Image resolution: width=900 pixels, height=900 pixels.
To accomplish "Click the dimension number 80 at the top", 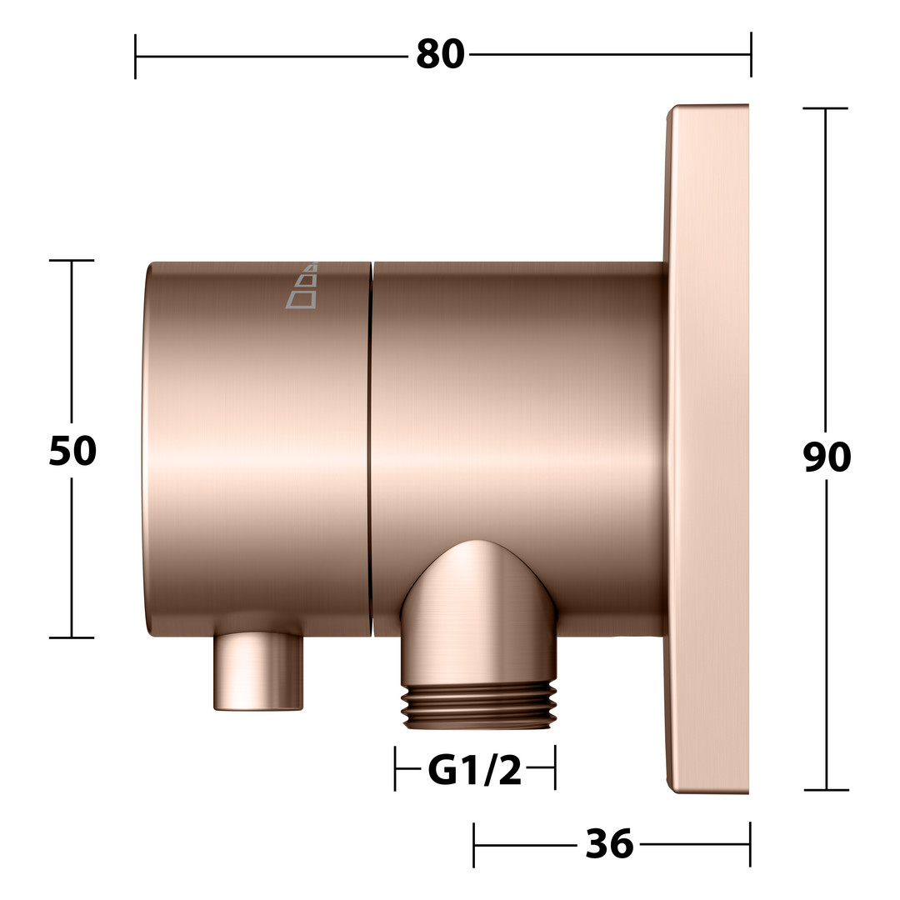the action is (x=440, y=54).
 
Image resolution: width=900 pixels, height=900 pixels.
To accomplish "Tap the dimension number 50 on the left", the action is (x=72, y=451).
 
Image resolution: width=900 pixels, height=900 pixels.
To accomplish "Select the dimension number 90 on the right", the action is (x=827, y=457).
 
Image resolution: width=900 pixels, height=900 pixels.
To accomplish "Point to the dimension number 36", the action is (x=609, y=844).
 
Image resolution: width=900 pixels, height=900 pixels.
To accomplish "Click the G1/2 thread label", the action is (x=475, y=769).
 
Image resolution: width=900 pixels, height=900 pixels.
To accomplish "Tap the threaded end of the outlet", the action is (x=478, y=707).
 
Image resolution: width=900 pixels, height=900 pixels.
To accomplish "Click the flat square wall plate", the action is (x=707, y=449).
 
